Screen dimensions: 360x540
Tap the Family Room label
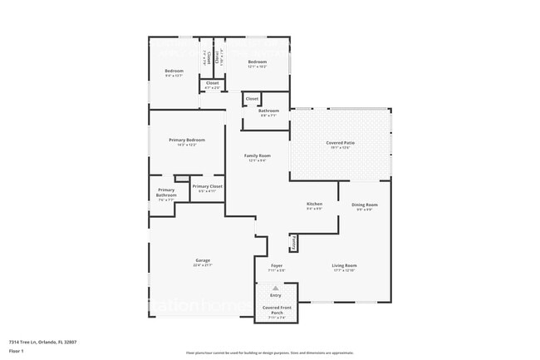(x=257, y=155)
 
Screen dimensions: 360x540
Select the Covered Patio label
(x=341, y=143)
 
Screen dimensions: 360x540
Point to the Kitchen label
(x=314, y=204)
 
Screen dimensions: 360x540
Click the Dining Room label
(x=365, y=205)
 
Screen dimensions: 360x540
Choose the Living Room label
(x=344, y=265)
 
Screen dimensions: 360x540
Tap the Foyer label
(x=277, y=265)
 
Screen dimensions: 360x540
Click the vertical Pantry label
(x=293, y=242)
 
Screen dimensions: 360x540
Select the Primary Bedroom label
(x=187, y=140)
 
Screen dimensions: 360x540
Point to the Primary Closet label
(x=207, y=186)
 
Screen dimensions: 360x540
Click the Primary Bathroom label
(x=166, y=192)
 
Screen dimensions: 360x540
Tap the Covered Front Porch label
(x=276, y=310)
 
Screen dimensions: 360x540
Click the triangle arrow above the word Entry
(x=276, y=288)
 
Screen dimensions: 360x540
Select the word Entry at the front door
(x=276, y=295)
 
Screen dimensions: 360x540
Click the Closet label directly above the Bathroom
(x=252, y=99)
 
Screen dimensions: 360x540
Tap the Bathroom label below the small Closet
(x=268, y=111)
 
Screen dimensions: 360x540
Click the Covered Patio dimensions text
(x=341, y=148)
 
